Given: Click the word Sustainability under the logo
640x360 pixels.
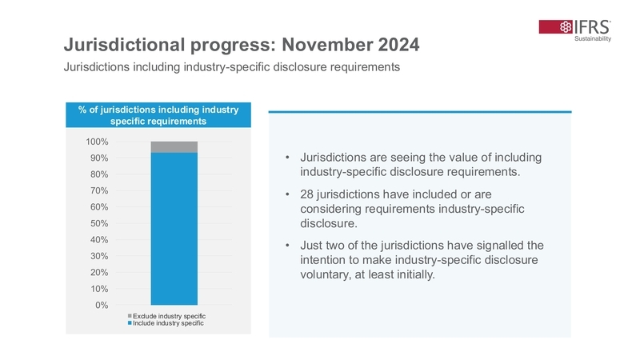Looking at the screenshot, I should click(593, 39).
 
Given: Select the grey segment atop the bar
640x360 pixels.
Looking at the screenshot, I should click(174, 147).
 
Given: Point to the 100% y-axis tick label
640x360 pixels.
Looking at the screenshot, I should click(97, 142).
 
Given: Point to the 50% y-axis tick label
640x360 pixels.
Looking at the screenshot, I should click(99, 223).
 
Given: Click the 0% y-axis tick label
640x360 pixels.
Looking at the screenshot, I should click(102, 305).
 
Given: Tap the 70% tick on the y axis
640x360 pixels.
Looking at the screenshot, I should click(99, 190).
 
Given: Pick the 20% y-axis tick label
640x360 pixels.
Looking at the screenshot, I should click(99, 272).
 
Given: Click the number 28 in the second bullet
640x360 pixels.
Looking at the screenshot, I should click(307, 194).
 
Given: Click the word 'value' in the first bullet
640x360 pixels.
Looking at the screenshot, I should click(466, 158).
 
